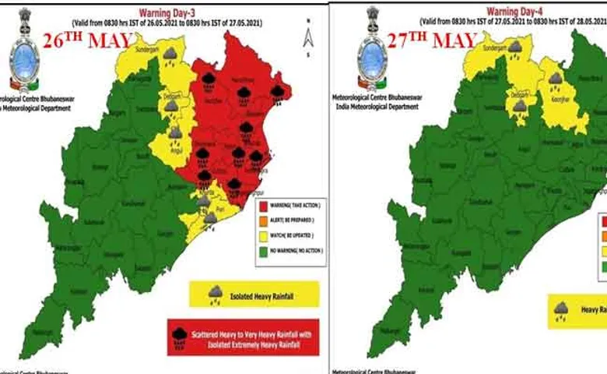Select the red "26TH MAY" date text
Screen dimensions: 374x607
[87, 42]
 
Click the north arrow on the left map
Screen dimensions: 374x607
[308, 36]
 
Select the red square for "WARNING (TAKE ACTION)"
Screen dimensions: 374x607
[262, 206]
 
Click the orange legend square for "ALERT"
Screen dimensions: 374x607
[262, 220]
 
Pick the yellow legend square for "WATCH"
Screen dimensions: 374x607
[262, 235]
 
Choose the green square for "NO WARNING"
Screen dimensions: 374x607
[262, 249]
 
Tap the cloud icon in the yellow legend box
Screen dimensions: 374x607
[215, 293]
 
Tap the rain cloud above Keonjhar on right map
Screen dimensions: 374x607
[554, 79]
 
